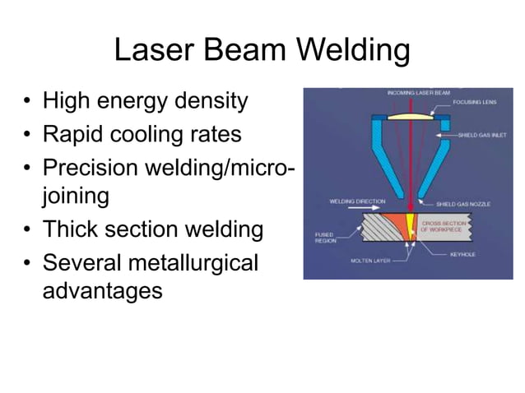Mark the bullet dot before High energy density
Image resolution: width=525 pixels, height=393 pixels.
click(27, 103)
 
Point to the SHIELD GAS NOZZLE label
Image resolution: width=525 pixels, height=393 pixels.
click(470, 203)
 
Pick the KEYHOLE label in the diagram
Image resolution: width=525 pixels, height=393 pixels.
click(464, 254)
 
